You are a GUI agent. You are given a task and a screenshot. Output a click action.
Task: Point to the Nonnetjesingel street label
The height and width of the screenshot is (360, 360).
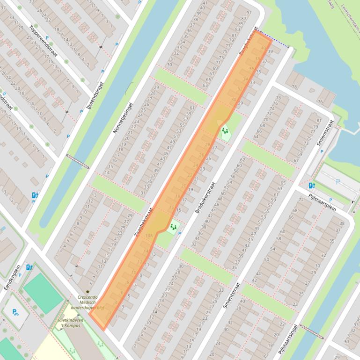123,118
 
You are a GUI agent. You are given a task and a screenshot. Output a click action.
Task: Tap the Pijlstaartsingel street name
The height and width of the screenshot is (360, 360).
288,339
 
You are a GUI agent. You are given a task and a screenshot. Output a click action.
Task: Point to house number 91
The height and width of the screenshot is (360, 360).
248,13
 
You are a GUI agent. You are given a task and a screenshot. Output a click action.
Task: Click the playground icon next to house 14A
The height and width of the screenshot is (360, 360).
173,227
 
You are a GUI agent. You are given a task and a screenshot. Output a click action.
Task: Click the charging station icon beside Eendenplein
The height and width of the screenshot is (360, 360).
29,267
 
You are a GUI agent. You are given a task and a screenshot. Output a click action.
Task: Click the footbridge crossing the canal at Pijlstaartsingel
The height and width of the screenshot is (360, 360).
311,331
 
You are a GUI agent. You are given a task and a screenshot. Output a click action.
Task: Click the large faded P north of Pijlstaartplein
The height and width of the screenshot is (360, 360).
338,181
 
